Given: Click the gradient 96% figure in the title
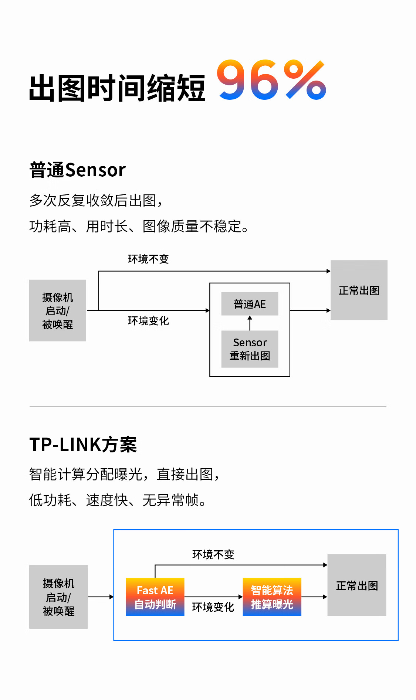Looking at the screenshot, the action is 271,80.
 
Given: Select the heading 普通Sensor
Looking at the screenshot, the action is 78,170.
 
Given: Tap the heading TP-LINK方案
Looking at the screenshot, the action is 83,444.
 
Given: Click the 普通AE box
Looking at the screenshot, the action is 250,304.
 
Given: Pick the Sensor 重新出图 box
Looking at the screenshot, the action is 250,349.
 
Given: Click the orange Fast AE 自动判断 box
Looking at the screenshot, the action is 155,597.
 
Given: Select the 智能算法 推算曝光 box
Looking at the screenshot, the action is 272,597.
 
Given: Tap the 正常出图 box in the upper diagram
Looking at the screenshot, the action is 359,290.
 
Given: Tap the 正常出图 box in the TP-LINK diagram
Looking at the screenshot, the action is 357,585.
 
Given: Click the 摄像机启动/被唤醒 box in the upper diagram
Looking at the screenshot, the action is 58,310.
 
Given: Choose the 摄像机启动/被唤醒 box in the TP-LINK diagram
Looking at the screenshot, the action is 58,597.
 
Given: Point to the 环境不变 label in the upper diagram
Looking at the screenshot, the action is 148,259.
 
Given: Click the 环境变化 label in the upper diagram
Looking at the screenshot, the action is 148,321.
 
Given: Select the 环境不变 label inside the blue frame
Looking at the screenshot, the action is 213,554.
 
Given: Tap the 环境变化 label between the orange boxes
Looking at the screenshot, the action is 213,607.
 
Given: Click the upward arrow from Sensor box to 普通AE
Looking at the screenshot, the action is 250,323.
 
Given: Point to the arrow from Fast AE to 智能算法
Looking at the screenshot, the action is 213,597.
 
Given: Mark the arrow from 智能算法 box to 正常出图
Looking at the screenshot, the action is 314,597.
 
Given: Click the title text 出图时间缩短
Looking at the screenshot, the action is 117,88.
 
